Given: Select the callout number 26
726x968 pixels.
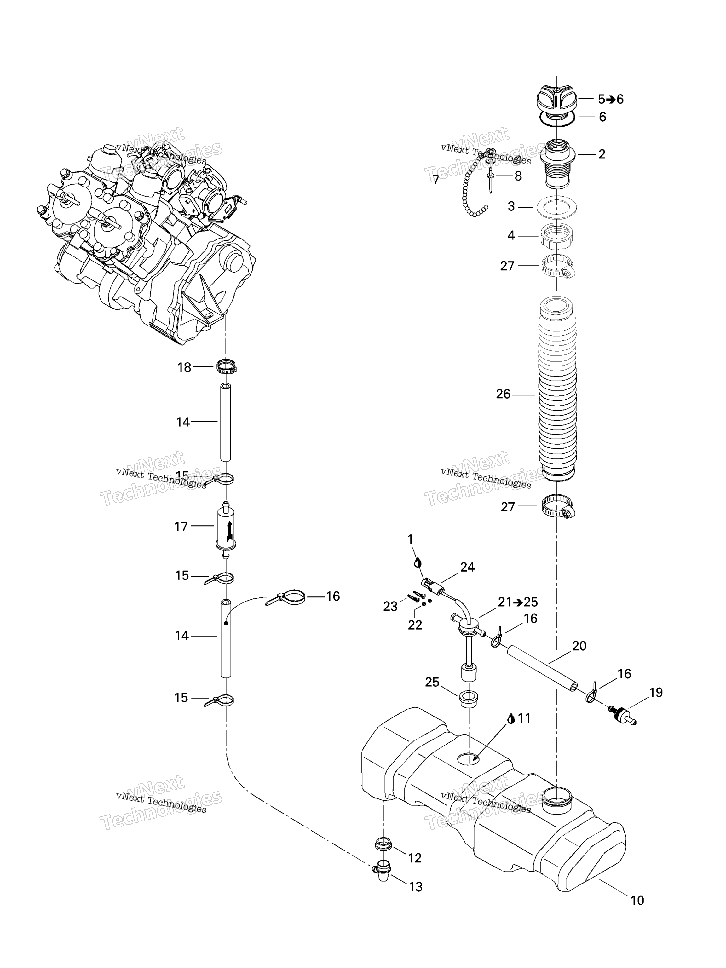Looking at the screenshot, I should click(503, 394).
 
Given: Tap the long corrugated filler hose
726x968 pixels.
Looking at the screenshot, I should click(557, 389).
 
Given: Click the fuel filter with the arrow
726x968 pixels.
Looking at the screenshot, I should click(226, 527).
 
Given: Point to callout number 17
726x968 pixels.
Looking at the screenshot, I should click(181, 527).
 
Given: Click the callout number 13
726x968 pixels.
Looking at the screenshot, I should click(415, 887).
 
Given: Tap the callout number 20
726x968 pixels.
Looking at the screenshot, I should click(579, 646).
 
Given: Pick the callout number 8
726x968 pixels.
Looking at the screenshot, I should click(518, 176).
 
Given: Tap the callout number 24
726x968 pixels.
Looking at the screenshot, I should click(467, 567).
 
